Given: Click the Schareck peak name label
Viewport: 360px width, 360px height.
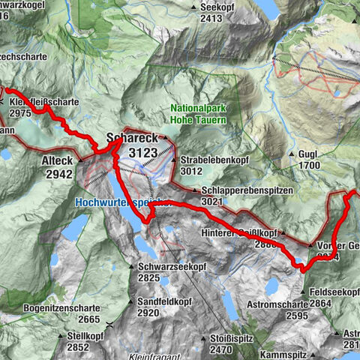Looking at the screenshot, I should tap(133, 139).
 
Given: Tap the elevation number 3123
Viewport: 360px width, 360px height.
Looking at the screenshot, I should tap(143, 153).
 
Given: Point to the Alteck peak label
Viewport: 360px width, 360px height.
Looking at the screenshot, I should tap(57, 160).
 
